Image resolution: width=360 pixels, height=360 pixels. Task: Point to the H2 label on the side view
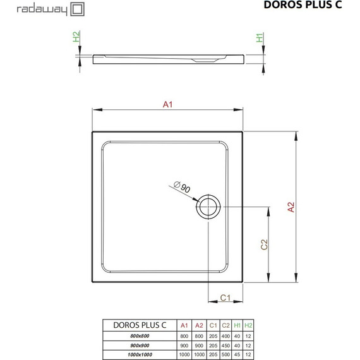[x=76, y=38]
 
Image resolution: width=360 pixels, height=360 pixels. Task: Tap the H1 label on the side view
[x=260, y=38]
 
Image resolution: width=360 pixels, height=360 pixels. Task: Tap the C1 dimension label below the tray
[x=224, y=298]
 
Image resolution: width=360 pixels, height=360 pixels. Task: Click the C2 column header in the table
[x=225, y=325]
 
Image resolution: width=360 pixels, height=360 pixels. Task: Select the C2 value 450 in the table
[x=225, y=346]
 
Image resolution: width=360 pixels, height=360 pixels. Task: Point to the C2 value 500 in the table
[x=225, y=356]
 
